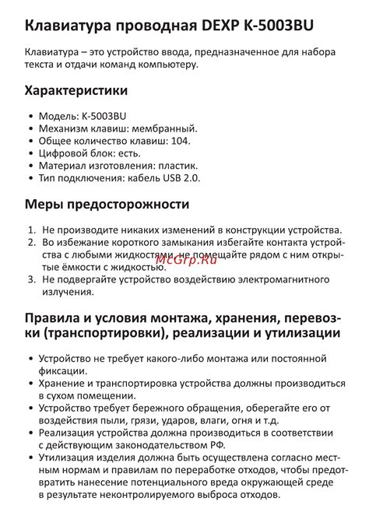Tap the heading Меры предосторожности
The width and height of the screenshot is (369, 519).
tap(107, 205)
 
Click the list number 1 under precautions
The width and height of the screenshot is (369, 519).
tap(30, 230)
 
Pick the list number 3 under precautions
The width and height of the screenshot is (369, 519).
tap(30, 279)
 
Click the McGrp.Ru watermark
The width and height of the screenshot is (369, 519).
tap(184, 258)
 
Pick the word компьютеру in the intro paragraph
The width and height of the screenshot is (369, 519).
tap(169, 65)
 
